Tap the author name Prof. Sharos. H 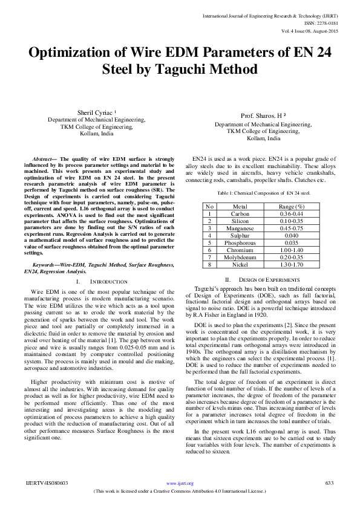pos(263,116)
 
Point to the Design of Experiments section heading pos(265,279)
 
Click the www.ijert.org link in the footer pos(180,484)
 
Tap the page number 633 pos(330,483)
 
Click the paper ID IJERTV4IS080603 pos(47,483)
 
